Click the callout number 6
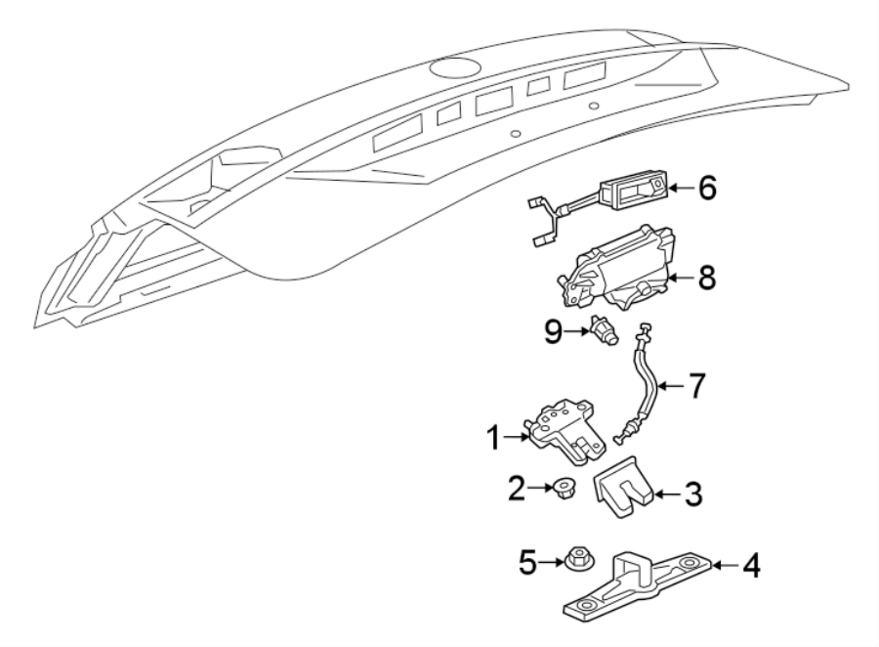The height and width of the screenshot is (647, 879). (x=705, y=187)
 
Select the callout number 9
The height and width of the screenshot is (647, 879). (x=553, y=332)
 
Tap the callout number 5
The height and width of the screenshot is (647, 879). (x=526, y=562)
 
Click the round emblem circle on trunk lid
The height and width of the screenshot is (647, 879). (x=452, y=69)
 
